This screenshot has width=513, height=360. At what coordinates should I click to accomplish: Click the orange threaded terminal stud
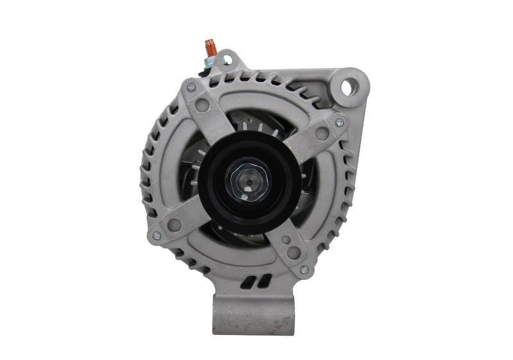click(x=210, y=47)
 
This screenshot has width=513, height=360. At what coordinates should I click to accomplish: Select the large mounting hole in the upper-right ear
click(x=348, y=86)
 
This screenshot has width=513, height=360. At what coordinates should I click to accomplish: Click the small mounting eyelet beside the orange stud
click(x=226, y=60)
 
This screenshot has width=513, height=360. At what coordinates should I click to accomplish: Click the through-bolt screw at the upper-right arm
click(x=340, y=122)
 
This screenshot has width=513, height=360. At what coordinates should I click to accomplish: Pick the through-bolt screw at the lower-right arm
click(x=304, y=270)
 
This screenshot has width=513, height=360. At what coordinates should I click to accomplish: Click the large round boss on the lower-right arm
click(x=293, y=252)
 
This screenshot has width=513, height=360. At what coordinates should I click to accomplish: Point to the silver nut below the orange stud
click(x=210, y=62)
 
